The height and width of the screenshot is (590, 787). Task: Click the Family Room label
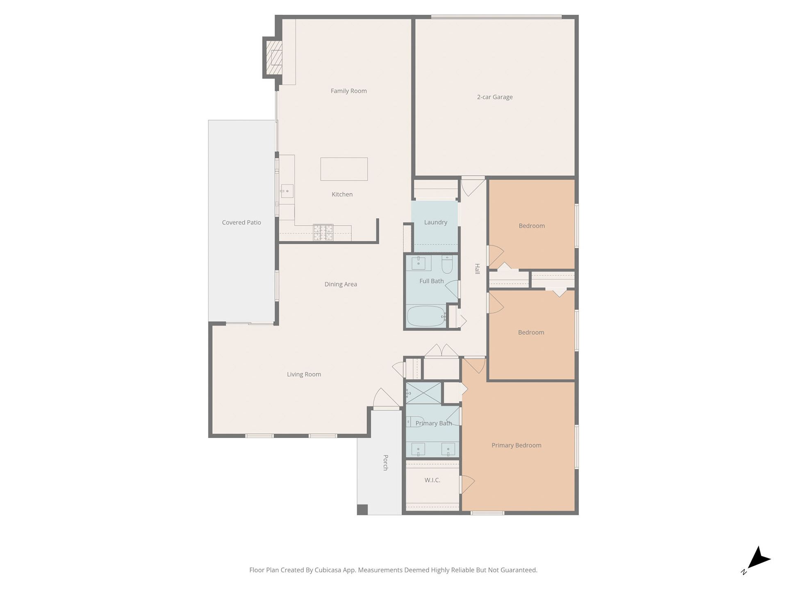[348, 91]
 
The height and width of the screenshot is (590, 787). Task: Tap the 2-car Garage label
[495, 97]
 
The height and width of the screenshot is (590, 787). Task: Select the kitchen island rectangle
[344, 169]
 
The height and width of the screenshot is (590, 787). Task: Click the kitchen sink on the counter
[287, 191]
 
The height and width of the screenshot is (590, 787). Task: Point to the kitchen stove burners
[323, 232]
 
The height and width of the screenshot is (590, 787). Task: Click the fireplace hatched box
[274, 57]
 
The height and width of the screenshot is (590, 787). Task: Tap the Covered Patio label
[241, 222]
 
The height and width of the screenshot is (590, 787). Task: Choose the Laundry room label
[435, 222]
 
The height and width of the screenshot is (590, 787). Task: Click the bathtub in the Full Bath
[426, 316]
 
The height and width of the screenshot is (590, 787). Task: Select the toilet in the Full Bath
[447, 264]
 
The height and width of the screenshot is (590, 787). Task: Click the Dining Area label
[341, 284]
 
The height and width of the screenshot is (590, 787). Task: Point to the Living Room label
[304, 374]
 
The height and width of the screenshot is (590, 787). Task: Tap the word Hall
[477, 269]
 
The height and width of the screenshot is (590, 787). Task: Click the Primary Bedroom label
[516, 445]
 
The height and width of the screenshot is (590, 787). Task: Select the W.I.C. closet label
[432, 480]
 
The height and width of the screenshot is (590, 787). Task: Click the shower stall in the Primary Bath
[423, 393]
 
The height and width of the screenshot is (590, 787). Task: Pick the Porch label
[385, 463]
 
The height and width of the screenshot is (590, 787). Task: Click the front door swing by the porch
[386, 398]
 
